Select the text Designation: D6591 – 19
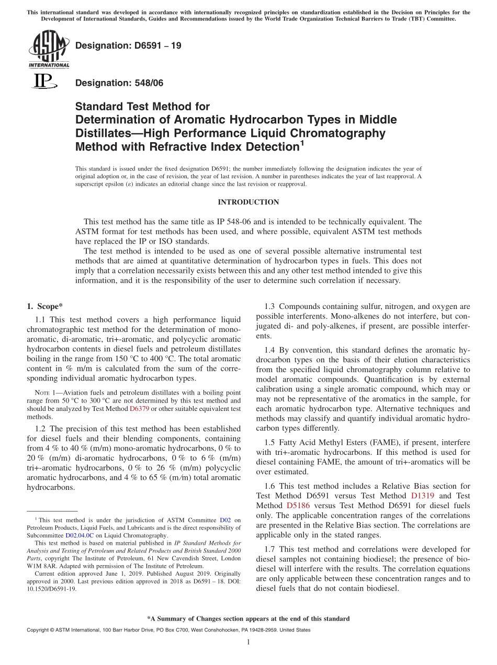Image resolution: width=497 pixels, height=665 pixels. pyautogui.click(x=128, y=46)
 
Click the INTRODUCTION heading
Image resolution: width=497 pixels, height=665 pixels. pyautogui.click(x=248, y=202)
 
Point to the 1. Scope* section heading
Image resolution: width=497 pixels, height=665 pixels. pyautogui.click(x=45, y=306)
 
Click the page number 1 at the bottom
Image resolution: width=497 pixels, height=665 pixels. pyautogui.click(x=249, y=642)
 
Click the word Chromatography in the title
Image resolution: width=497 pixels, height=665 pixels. pyautogui.click(x=335, y=133)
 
